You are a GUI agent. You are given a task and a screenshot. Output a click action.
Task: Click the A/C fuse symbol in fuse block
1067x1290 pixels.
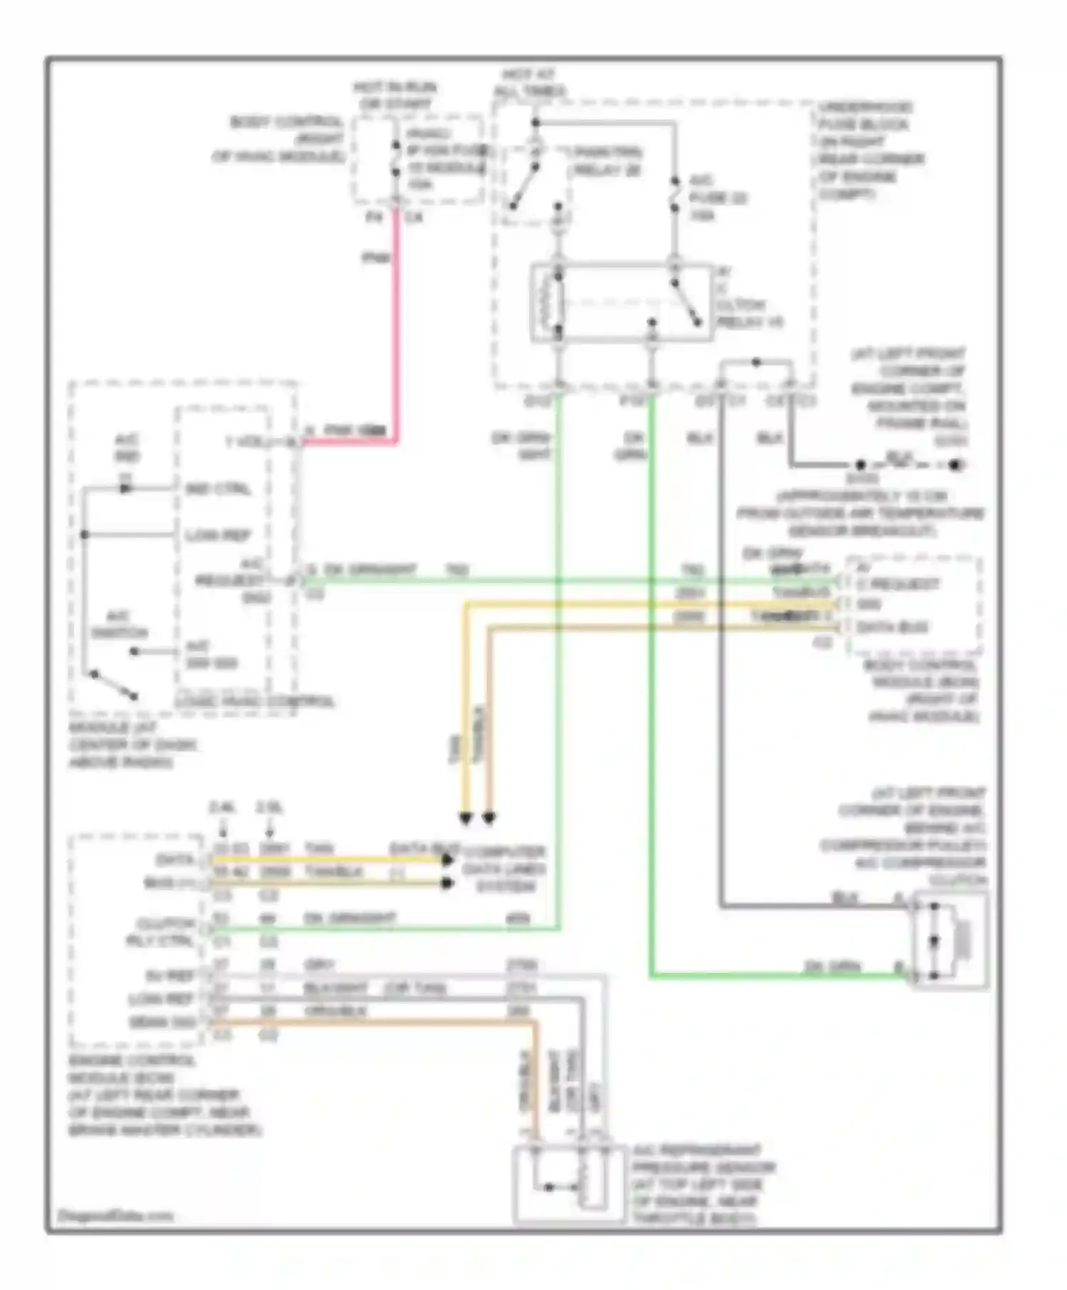[674, 198]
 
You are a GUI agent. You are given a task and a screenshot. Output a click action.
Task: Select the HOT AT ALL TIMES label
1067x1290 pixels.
[531, 83]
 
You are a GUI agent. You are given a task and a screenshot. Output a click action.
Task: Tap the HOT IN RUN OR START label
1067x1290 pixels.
[395, 96]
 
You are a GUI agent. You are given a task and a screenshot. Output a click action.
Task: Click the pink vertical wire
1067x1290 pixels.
[396, 320]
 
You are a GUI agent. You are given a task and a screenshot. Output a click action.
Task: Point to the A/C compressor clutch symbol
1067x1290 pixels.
[950, 941]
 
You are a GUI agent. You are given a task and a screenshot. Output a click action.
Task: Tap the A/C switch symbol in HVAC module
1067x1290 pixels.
[114, 684]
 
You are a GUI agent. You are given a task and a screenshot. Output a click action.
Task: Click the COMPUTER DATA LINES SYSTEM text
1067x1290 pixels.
[504, 869]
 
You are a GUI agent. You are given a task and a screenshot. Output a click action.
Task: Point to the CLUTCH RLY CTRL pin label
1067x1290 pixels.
[165, 932]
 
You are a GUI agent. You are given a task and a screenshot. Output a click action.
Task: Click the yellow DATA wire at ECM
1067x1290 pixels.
[327, 860]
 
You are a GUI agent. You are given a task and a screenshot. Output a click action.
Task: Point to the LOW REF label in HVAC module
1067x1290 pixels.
[218, 535]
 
